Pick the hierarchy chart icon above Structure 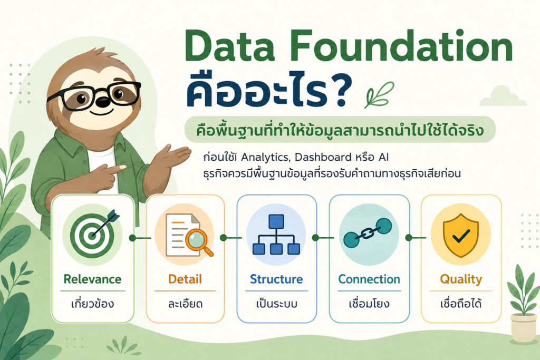(x=276, y=235)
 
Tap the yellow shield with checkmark (x=461, y=236)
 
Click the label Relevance (x=93, y=279)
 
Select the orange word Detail (x=185, y=279)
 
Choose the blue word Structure (x=276, y=279)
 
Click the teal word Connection (x=369, y=279)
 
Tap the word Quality (x=461, y=279)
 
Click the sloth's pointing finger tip (x=123, y=168)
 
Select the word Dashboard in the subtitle (x=323, y=157)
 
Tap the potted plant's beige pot (x=524, y=328)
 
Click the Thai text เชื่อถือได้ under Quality (x=461, y=304)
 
